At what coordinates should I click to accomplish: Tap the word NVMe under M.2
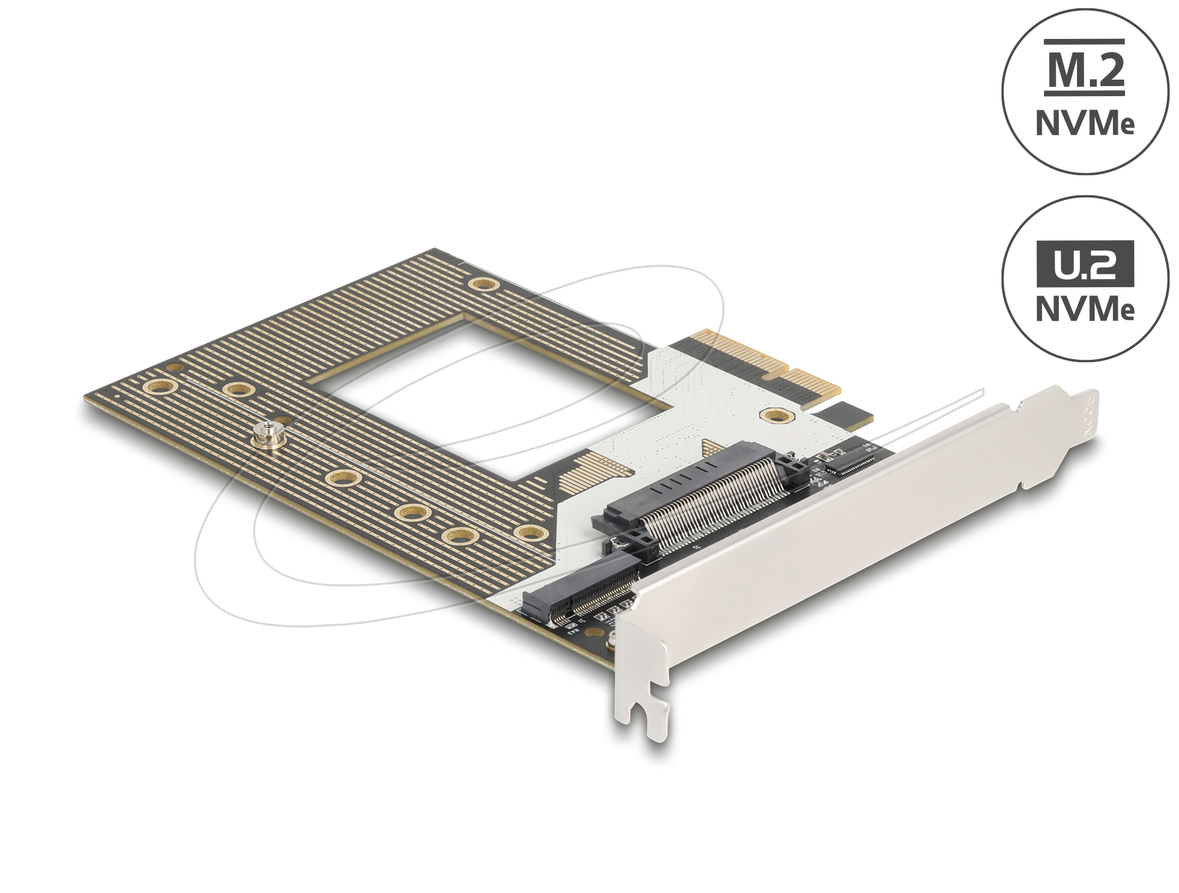(x=1085, y=124)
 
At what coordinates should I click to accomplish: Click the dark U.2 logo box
(x=1085, y=264)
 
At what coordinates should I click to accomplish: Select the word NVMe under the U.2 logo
(x=1085, y=309)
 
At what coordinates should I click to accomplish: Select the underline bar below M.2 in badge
(x=1085, y=93)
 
